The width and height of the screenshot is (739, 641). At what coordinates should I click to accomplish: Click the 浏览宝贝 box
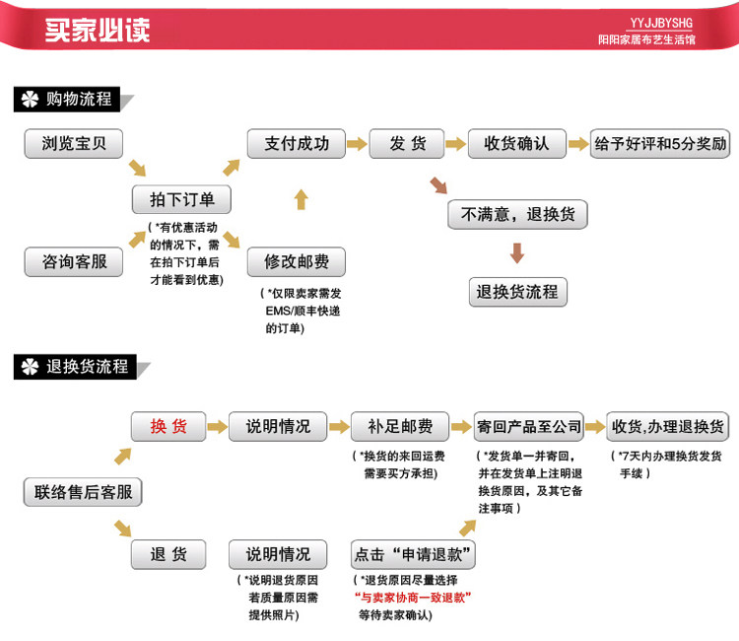[73, 144]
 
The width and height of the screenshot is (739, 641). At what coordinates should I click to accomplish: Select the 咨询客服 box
[73, 262]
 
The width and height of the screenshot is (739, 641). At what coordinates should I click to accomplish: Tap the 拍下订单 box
[182, 199]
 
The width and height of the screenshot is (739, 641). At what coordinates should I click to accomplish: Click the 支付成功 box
[296, 144]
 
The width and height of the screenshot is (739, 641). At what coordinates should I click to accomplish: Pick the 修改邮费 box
[296, 262]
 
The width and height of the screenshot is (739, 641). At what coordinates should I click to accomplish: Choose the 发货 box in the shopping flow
[408, 144]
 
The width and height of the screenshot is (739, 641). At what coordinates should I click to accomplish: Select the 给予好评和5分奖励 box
[660, 144]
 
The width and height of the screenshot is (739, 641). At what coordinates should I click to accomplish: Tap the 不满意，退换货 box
[517, 214]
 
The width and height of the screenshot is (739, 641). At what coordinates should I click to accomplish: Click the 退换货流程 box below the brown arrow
[517, 292]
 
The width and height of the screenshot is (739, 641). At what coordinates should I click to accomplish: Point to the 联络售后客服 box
[83, 491]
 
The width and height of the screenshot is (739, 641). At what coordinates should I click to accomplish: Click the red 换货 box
[168, 426]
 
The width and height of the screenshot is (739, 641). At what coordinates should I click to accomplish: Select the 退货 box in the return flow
[168, 554]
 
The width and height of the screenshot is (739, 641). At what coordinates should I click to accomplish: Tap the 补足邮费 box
[399, 426]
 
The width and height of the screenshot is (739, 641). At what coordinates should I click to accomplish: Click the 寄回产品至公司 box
[529, 426]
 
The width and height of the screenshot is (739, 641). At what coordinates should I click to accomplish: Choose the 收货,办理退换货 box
[667, 426]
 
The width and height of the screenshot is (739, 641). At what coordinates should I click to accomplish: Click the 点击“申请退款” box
[414, 554]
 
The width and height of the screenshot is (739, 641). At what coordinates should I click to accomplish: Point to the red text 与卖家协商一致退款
[413, 598]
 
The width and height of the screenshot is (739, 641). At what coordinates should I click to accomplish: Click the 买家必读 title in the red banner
[98, 29]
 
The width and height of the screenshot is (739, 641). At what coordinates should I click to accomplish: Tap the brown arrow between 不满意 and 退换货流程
[517, 252]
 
